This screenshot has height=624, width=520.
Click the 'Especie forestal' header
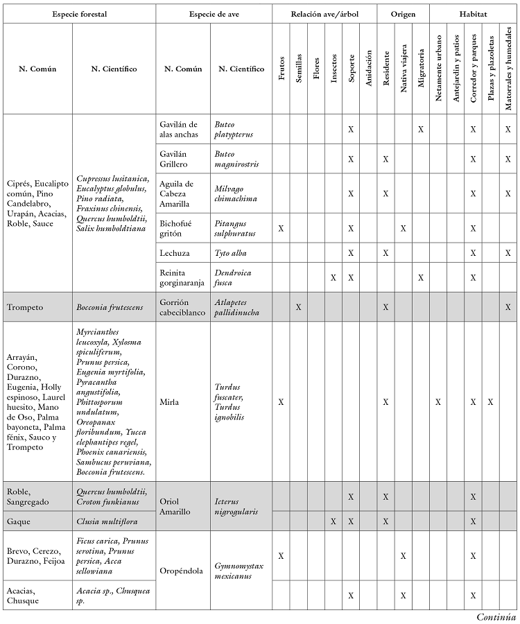coord(79,14)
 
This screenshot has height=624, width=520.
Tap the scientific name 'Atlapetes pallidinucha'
coord(236,306)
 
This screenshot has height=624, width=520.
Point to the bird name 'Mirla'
coord(170,401)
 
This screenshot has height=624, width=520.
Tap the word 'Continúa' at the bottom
coord(496,616)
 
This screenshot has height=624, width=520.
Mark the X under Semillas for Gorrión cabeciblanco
coord(299,306)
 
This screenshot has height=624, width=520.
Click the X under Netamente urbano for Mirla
coord(438,401)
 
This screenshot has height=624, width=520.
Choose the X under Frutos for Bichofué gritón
coord(281,227)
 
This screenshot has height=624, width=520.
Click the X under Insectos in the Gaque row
coord(333,521)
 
